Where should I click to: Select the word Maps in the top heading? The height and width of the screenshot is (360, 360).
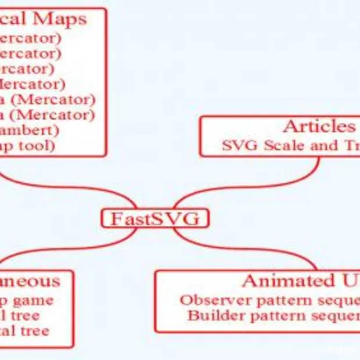(x=60, y=19)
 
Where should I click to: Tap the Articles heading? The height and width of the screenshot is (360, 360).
(x=318, y=127)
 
